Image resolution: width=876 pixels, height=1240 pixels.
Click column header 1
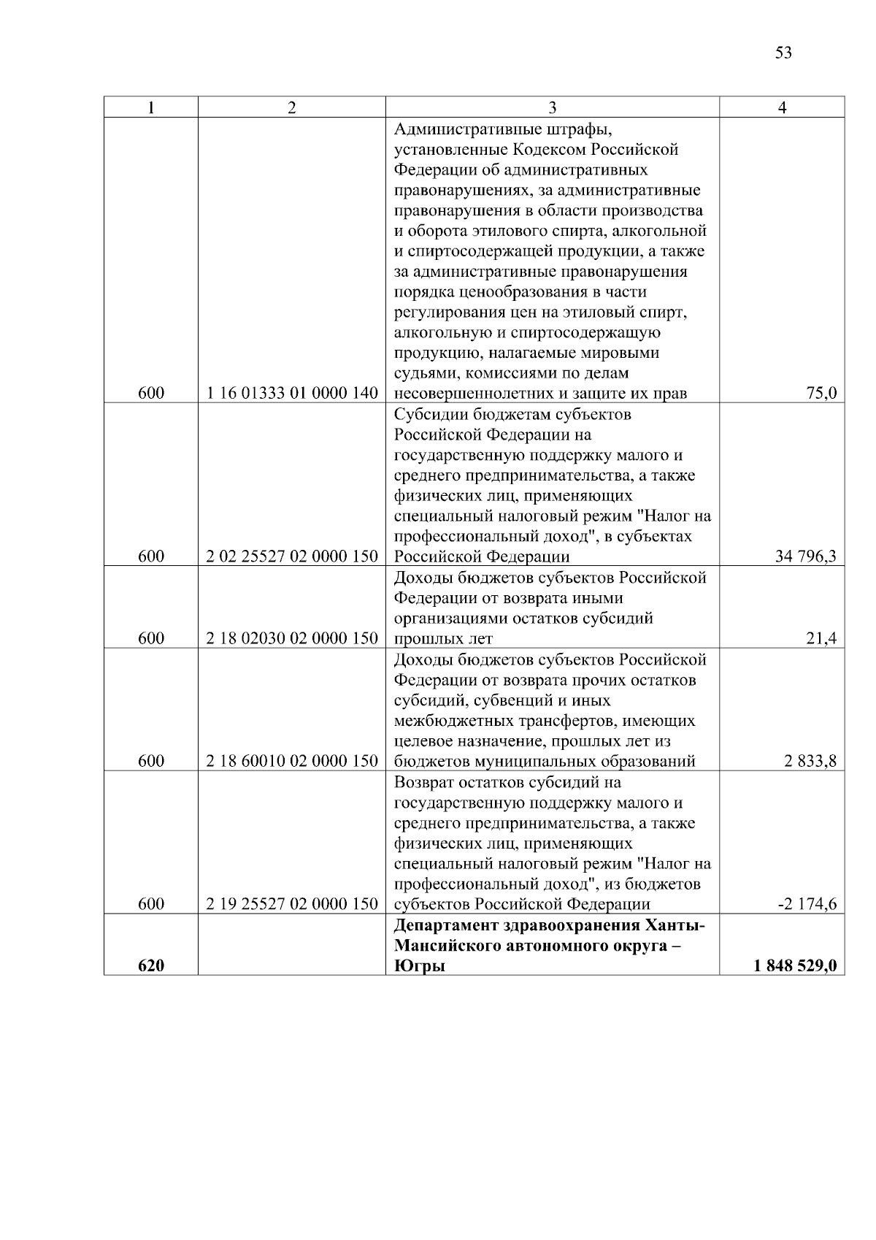point(150,107)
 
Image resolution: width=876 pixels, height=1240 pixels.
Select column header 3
point(552,107)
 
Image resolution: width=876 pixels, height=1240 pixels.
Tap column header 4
point(782,107)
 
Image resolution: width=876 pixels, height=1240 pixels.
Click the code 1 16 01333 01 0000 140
point(292,394)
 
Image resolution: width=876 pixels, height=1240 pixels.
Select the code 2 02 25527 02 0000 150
point(292,557)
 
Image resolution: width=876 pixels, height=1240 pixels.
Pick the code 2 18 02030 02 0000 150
point(292,639)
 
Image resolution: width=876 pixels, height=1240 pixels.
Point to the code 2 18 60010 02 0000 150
point(292,762)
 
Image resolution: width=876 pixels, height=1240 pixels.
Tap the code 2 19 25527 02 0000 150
point(292,905)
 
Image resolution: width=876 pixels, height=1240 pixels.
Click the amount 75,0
point(821,394)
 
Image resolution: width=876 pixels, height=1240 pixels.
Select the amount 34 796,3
point(806,557)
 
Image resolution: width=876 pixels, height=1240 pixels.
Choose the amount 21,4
point(821,639)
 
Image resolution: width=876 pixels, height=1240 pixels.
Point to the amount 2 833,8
point(811,762)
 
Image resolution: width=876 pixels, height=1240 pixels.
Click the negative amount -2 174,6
point(807,905)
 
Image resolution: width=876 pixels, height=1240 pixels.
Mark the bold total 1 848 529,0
point(795,966)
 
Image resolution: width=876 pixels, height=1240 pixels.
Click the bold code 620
point(151,966)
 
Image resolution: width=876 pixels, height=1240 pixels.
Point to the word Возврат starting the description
point(425,783)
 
